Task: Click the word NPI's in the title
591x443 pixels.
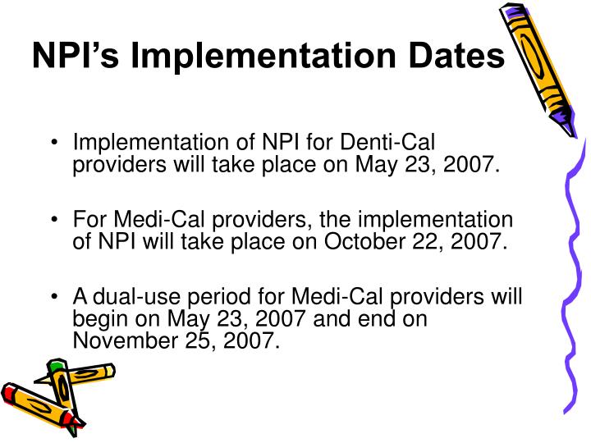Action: (75, 55)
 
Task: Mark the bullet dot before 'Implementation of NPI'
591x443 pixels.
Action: (53, 144)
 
